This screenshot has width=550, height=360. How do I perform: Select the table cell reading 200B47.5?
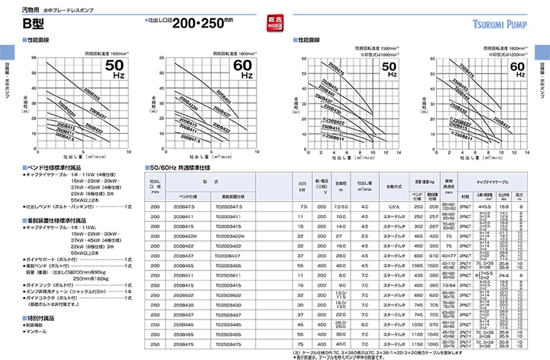pos(185,206)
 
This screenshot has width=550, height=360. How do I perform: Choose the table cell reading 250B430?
pos(185,303)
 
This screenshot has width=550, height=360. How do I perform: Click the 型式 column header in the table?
pos(206,182)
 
